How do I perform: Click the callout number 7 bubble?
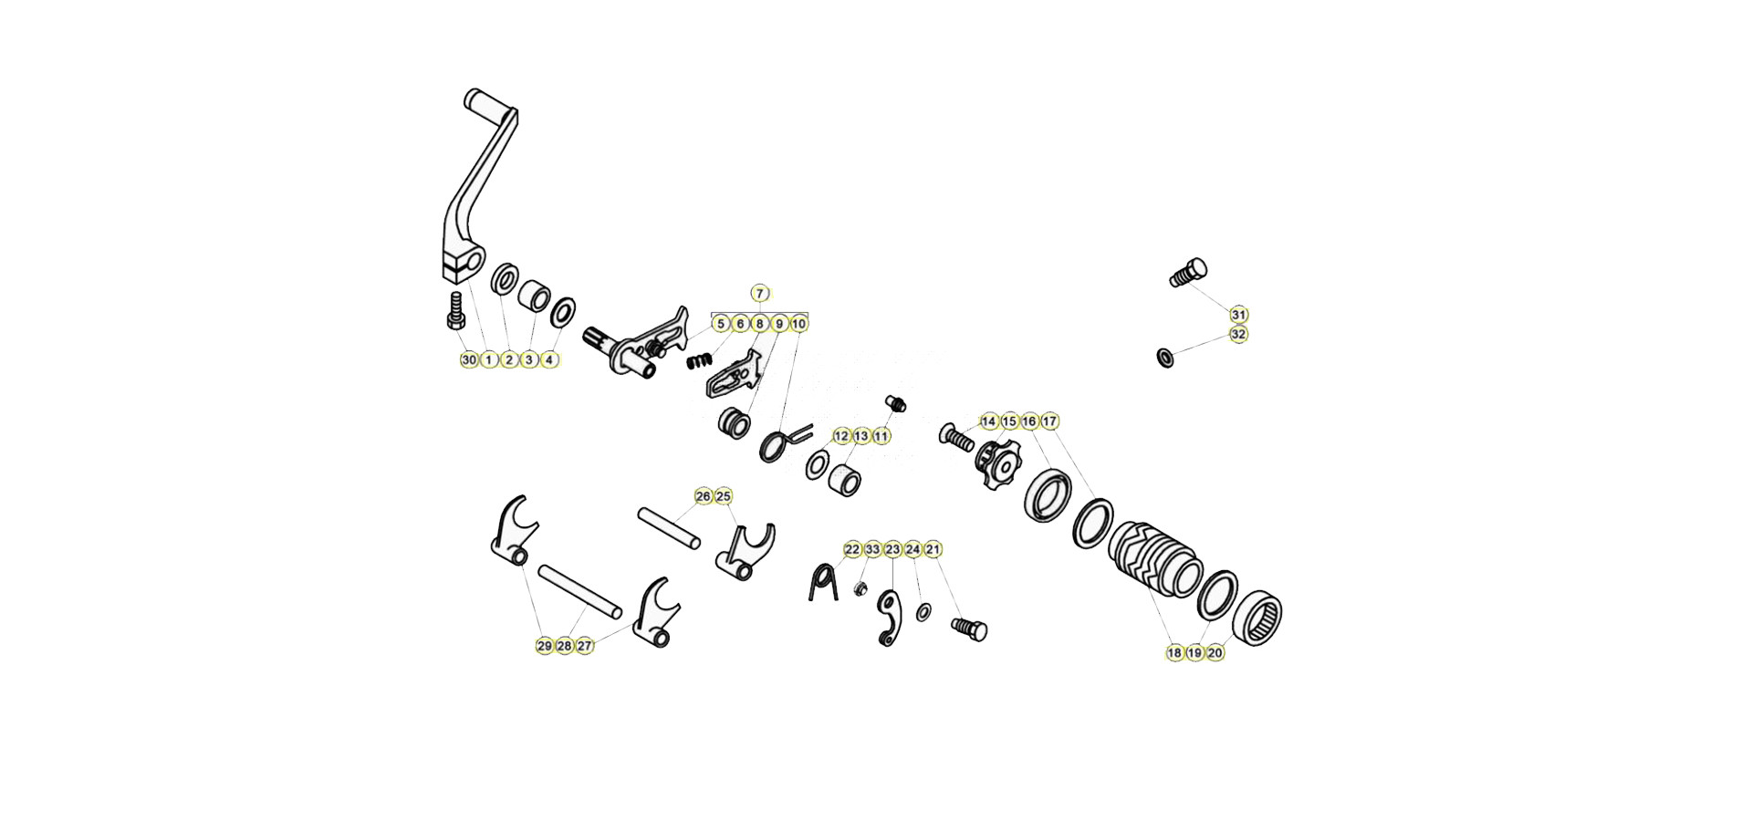click(760, 293)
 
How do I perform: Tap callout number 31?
click(1238, 315)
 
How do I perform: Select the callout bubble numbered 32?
click(1238, 335)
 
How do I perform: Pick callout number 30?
click(469, 360)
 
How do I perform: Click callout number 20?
click(1215, 653)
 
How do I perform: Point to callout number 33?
click(873, 549)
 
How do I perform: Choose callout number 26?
click(704, 496)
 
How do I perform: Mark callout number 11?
click(881, 436)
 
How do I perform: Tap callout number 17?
click(1049, 421)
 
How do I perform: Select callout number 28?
click(565, 646)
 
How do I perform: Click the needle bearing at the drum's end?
click(1257, 617)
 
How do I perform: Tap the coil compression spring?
click(697, 360)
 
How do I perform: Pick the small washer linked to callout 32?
click(1165, 356)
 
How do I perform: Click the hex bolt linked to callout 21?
click(969, 629)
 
